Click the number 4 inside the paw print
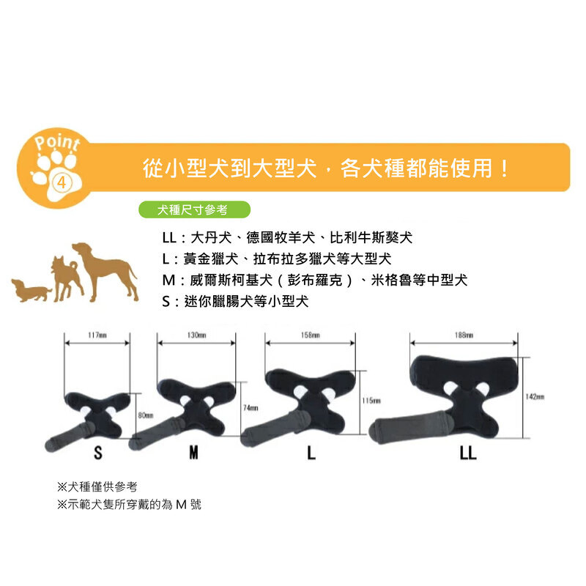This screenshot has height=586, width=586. tap(62, 182)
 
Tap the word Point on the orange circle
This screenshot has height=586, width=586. tap(57, 142)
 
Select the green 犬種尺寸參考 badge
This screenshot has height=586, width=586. tap(194, 209)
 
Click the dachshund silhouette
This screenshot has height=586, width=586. tap(31, 289)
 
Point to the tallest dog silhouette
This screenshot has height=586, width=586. tap(105, 271)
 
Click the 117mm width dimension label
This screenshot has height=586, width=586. tap(97, 335)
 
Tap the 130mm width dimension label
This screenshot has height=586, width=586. tap(196, 335)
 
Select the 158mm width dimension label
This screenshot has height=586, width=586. tap(310, 335)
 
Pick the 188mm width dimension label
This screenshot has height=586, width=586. tap(464, 335)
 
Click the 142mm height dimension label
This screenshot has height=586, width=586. tap(535, 396)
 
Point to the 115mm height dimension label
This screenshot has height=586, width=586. tap(371, 401)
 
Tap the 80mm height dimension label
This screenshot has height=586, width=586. tap(146, 415)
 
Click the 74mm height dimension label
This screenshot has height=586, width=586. tap(251, 408)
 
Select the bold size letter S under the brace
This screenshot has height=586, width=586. tap(98, 453)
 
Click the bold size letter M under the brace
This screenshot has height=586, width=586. tap(193, 453)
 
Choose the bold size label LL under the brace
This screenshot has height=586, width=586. tap(468, 453)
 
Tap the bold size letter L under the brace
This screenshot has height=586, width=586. tap(311, 453)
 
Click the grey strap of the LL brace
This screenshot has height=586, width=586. tap(410, 427)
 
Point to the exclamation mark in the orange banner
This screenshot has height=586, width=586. tap(504, 168)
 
